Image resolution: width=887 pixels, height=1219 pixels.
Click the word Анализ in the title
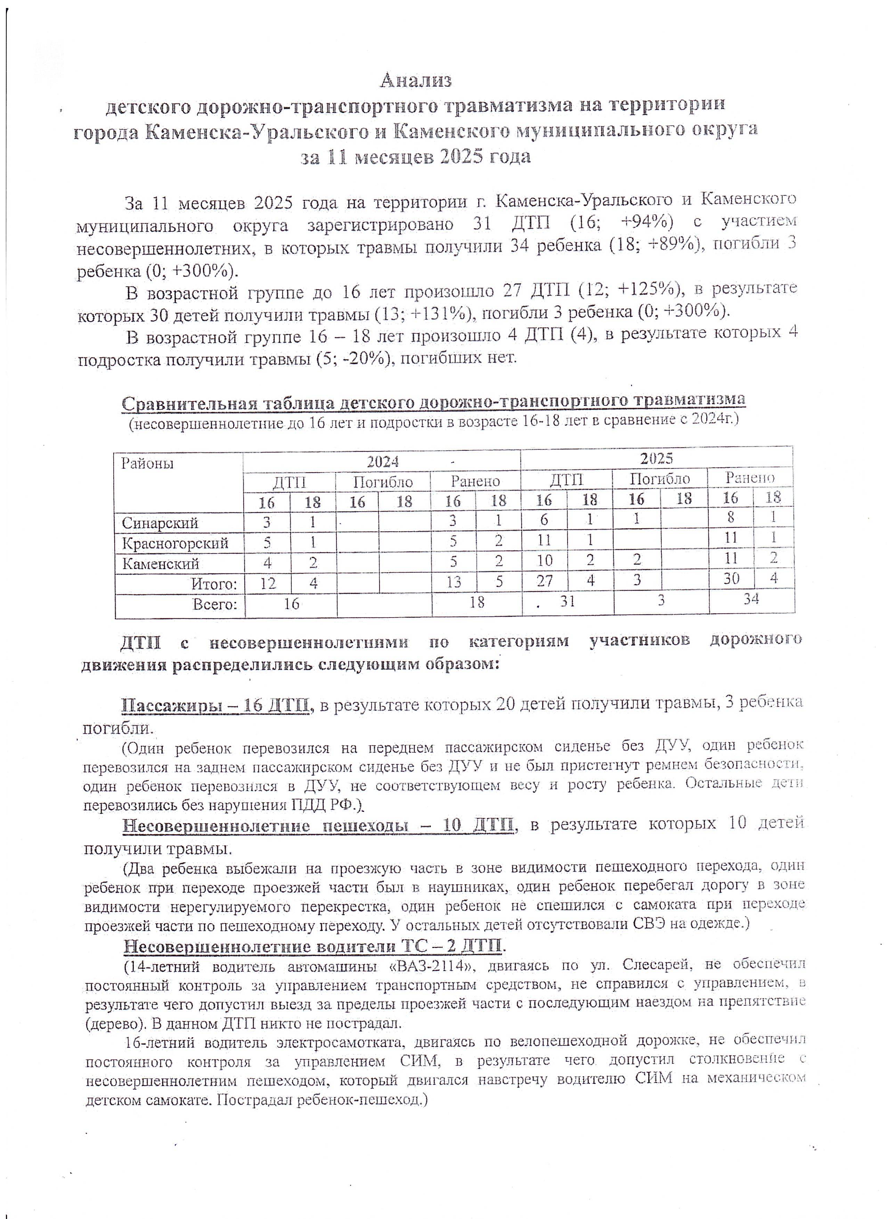click(416, 81)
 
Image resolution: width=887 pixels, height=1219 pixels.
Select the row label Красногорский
click(175, 543)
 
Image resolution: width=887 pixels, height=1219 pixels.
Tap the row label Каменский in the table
click(160, 564)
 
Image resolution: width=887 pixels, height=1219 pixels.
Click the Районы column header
click(147, 463)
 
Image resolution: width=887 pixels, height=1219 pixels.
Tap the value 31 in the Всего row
click(568, 602)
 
